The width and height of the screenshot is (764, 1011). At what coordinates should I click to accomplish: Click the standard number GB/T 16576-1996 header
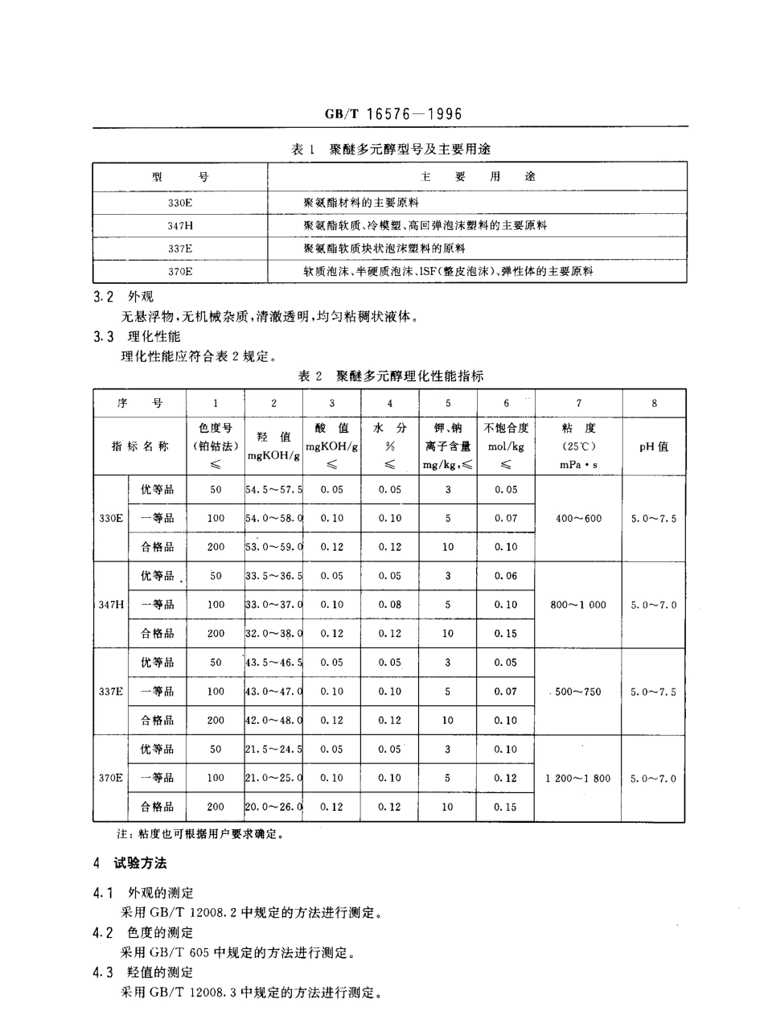(x=392, y=114)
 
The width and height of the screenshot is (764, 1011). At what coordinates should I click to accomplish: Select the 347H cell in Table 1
(x=180, y=226)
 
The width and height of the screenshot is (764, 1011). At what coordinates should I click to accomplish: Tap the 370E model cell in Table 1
(x=180, y=272)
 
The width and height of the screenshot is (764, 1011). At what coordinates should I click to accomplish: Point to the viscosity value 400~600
(x=578, y=518)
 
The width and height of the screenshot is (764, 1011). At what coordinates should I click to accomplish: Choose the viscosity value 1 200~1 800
(x=577, y=778)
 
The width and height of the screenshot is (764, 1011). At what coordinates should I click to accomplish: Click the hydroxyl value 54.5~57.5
(x=274, y=489)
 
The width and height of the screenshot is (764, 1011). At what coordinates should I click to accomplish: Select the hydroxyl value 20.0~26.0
(x=274, y=806)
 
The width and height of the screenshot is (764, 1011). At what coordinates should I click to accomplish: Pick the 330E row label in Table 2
(x=111, y=518)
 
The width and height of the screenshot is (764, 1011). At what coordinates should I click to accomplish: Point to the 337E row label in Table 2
(x=111, y=691)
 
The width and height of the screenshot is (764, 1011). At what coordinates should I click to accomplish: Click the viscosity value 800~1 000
(x=579, y=605)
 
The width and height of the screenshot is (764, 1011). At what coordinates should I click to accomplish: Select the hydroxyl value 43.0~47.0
(x=274, y=691)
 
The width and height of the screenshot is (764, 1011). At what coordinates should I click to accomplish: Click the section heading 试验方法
(x=141, y=864)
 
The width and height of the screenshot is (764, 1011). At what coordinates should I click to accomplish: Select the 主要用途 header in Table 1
(x=478, y=176)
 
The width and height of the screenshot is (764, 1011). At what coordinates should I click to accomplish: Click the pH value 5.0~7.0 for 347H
(x=653, y=605)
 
